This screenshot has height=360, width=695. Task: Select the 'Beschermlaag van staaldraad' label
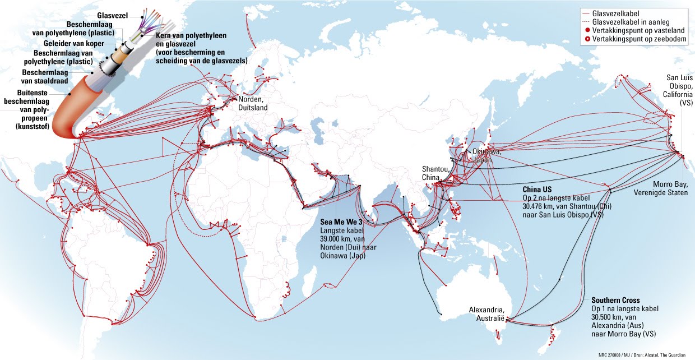click(x=44, y=77)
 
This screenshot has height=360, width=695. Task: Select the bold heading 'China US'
click(x=538, y=189)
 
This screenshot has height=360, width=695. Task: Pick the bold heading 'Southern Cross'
click(x=615, y=301)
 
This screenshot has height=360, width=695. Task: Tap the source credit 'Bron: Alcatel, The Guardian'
click(x=659, y=355)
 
